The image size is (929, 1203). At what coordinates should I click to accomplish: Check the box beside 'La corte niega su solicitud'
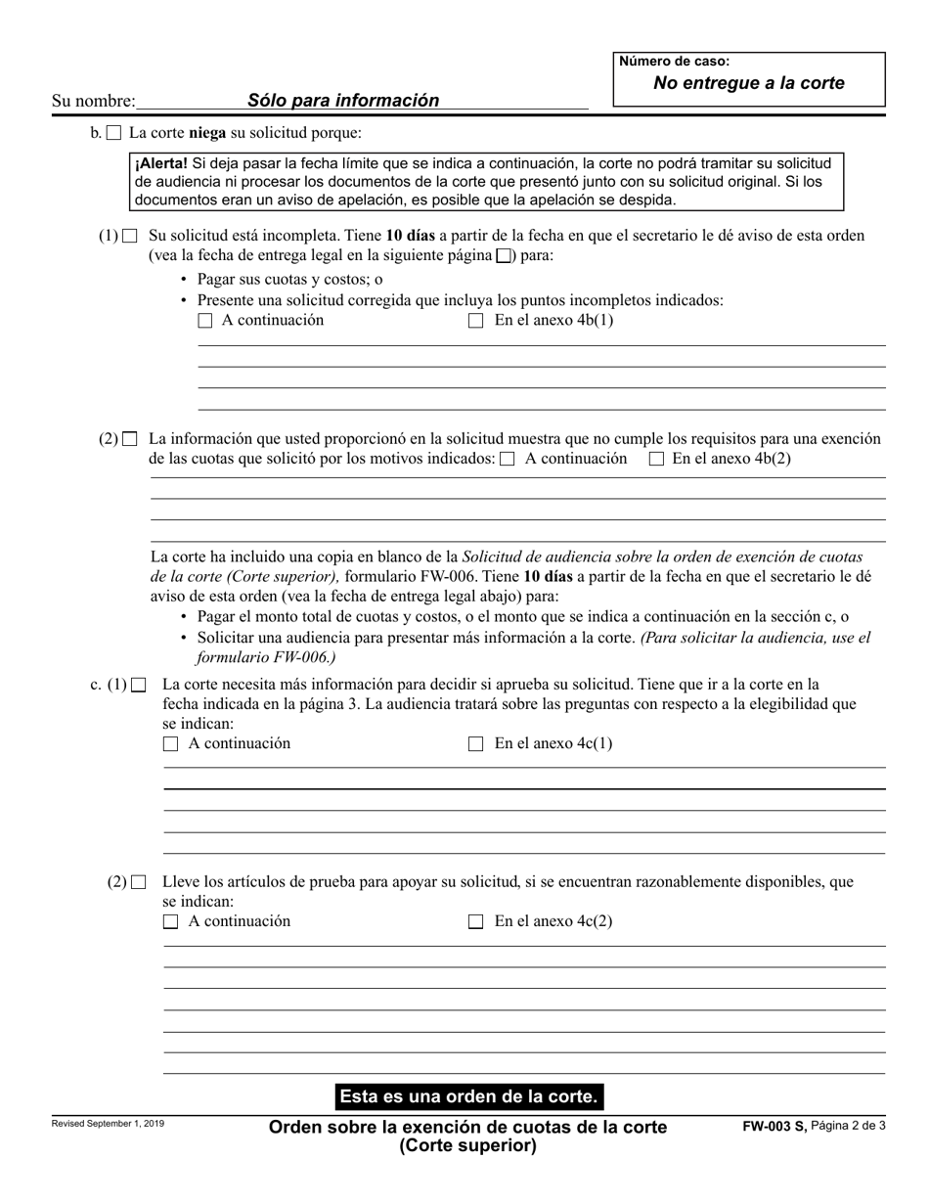pyautogui.click(x=114, y=133)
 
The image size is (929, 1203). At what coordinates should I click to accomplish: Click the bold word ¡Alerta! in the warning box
pyautogui.click(x=160, y=163)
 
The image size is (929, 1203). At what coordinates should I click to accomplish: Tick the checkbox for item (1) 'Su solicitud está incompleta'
pyautogui.click(x=130, y=236)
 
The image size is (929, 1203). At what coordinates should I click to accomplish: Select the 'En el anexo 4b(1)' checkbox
pyautogui.click(x=476, y=321)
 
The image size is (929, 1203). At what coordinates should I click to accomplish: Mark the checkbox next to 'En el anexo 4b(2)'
pyautogui.click(x=657, y=459)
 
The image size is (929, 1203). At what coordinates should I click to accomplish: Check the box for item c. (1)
pyautogui.click(x=139, y=685)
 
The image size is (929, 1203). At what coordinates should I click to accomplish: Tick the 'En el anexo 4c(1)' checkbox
pyautogui.click(x=476, y=744)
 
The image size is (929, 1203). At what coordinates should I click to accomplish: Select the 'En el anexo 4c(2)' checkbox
pyautogui.click(x=476, y=921)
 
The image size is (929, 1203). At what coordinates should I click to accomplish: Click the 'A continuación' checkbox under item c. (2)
pyautogui.click(x=171, y=921)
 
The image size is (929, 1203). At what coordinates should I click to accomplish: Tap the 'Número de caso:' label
pyautogui.click(x=674, y=62)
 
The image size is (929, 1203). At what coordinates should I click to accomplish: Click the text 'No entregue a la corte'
pyautogui.click(x=748, y=83)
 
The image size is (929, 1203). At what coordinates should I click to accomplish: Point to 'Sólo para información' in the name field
pyautogui.click(x=342, y=100)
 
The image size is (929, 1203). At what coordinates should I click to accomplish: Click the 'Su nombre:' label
pyautogui.click(x=93, y=101)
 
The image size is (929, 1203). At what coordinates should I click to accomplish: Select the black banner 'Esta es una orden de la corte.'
pyautogui.click(x=467, y=1095)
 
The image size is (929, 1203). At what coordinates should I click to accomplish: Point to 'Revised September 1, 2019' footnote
pyautogui.click(x=108, y=1124)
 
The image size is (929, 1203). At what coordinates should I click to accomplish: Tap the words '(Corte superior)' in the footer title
pyautogui.click(x=467, y=1145)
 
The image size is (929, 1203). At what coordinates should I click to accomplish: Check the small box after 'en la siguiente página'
pyautogui.click(x=504, y=256)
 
